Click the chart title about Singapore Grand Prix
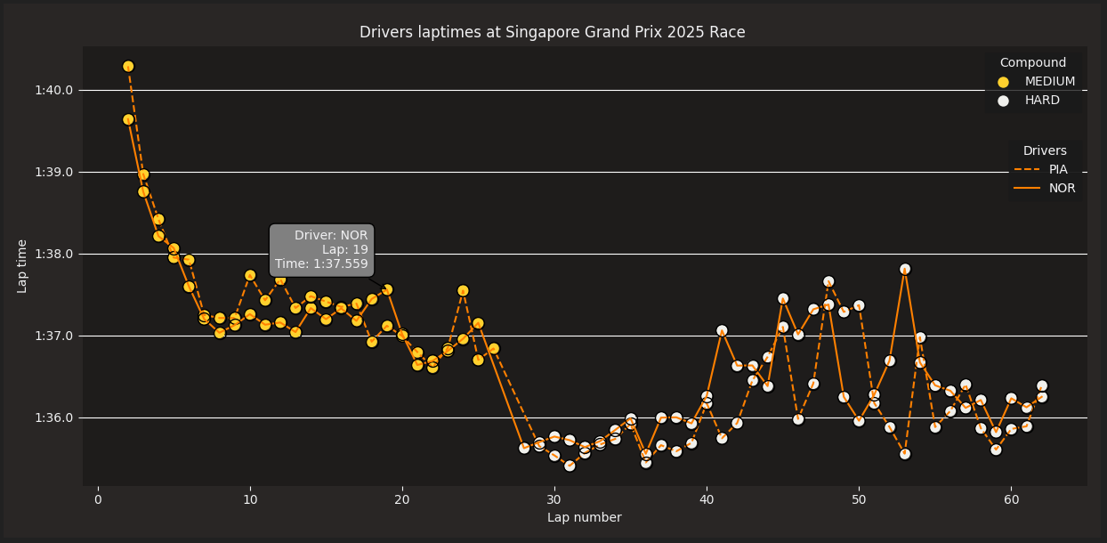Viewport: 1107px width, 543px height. coord(552,33)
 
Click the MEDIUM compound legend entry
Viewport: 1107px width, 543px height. coord(1049,82)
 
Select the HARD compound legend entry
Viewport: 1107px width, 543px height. coord(1041,101)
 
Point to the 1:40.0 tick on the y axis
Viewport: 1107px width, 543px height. coord(54,90)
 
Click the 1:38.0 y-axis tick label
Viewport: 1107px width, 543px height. coord(54,254)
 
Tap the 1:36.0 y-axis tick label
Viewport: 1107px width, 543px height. coord(54,417)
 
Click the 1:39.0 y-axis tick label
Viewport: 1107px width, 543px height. coord(54,172)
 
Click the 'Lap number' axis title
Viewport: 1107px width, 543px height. coord(584,518)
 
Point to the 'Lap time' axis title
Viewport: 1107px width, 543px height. coord(23,265)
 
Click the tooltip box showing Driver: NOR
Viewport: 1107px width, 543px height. coord(321,250)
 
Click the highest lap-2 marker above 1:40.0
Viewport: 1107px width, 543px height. coord(128,67)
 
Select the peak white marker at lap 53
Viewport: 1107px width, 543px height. coord(905,269)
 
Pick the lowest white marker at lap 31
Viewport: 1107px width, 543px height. coord(570,466)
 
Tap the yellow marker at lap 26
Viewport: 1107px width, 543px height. coord(494,348)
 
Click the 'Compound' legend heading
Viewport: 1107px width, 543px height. coord(1032,63)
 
